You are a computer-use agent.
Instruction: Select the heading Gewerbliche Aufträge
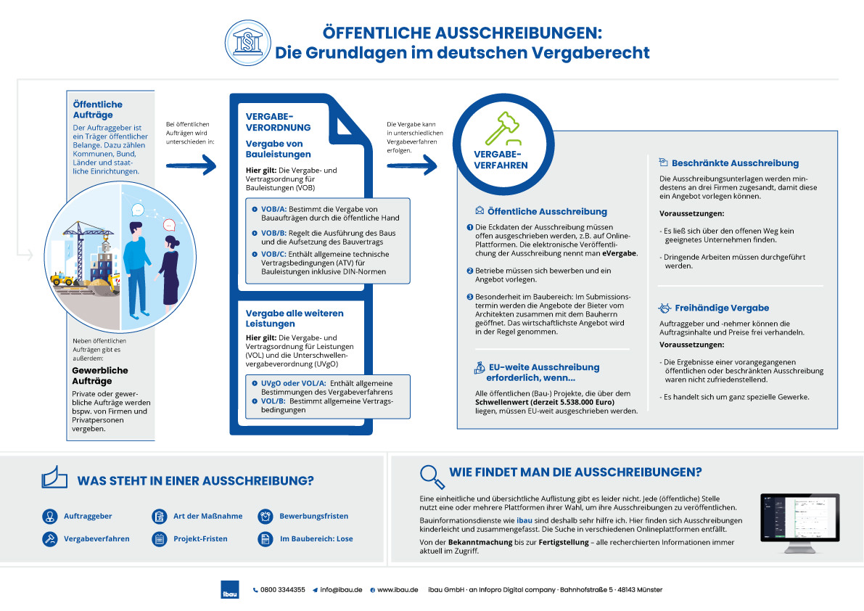(100, 375)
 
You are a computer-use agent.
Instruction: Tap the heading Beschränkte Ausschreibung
(735, 163)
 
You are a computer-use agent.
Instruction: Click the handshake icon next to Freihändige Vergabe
(664, 308)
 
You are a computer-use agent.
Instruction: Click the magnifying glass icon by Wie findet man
(432, 476)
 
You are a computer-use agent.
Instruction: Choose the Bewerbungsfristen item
(313, 516)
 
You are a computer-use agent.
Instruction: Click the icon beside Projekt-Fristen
(159, 539)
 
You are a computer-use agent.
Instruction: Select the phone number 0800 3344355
(282, 590)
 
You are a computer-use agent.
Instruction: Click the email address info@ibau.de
(341, 590)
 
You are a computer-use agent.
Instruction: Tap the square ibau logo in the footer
(229, 590)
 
